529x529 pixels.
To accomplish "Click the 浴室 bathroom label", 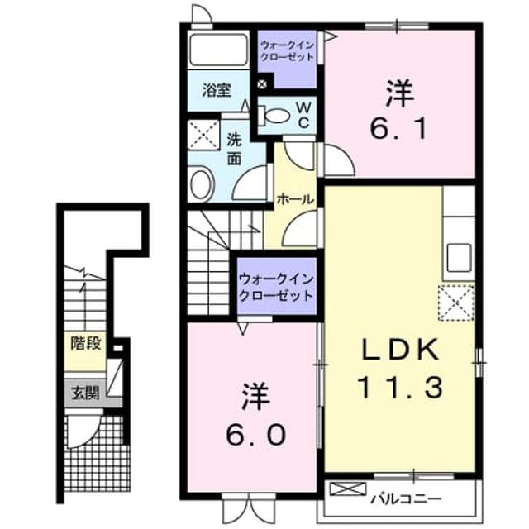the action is pos(217,90).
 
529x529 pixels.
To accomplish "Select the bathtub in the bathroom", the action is pos(218,50).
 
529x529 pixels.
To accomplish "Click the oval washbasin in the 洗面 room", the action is pos(202,184).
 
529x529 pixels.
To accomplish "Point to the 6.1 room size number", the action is pos(398,128).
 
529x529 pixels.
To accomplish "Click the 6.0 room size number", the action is pos(255,435).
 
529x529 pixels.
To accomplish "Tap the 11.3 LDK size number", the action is pos(400,388).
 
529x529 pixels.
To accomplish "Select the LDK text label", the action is pos(400,349).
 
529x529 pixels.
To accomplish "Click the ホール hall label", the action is pos(295,200).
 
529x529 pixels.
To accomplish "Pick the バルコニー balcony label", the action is pos(407,498).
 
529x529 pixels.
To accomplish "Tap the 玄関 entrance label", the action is pos(86,393).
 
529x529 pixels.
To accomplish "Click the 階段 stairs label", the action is pos(86,344).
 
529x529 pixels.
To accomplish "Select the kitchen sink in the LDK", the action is pos(460,258).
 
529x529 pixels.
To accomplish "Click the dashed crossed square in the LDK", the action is pos(456,303).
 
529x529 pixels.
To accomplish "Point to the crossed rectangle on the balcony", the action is pos(347,488).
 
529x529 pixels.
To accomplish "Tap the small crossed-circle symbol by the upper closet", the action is pos(262,84).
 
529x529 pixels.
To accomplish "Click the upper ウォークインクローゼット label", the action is pos(288,50).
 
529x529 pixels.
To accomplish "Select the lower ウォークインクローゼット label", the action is pos(277,288).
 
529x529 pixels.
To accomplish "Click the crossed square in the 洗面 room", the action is pos(203,135).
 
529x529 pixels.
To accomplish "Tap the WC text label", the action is pos(303,116).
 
